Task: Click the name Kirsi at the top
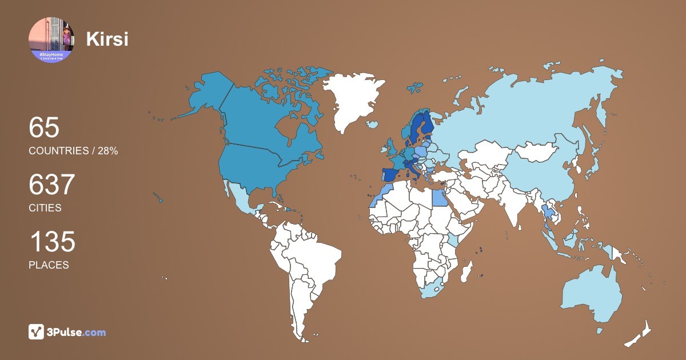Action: tap(107, 39)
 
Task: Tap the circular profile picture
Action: tap(51, 39)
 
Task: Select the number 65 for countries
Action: tap(44, 127)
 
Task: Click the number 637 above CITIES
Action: tap(52, 185)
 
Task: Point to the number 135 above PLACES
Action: tap(52, 242)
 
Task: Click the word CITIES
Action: tap(45, 208)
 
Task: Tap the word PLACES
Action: tap(49, 265)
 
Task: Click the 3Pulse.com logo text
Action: tap(77, 332)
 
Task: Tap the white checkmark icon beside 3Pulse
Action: tap(37, 332)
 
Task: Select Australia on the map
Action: tap(589, 294)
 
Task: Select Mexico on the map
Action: tap(240, 197)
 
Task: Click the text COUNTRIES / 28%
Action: tap(73, 151)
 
